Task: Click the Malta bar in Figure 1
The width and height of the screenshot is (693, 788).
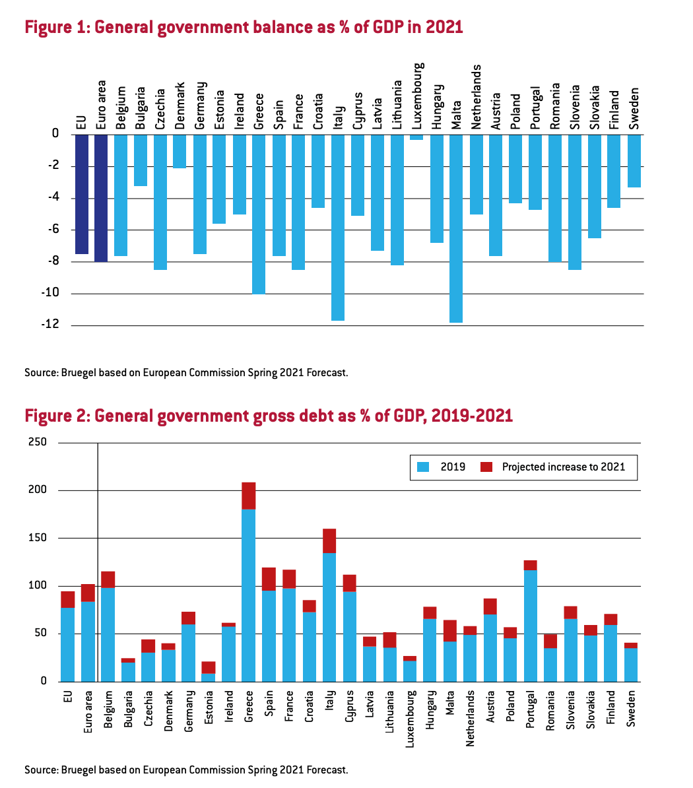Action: [x=456, y=228]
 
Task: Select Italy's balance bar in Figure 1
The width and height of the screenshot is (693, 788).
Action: [x=338, y=227]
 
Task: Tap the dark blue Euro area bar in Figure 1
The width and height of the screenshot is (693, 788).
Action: [x=101, y=198]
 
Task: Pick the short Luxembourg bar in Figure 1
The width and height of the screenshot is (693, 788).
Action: [x=416, y=137]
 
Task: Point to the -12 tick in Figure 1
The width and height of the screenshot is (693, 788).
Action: [x=51, y=325]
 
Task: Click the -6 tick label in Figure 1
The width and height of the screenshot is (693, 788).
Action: [x=53, y=230]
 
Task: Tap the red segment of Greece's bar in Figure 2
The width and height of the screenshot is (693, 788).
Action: [x=248, y=496]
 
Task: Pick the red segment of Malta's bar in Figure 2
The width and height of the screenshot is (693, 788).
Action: [x=450, y=630]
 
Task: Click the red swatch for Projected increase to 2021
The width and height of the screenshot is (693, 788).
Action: [x=486, y=467]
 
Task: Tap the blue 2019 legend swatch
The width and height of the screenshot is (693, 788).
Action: [x=423, y=467]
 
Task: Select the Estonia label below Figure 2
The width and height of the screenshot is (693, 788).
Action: [x=208, y=707]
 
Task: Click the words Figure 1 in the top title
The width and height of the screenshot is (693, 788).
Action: [x=55, y=28]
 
